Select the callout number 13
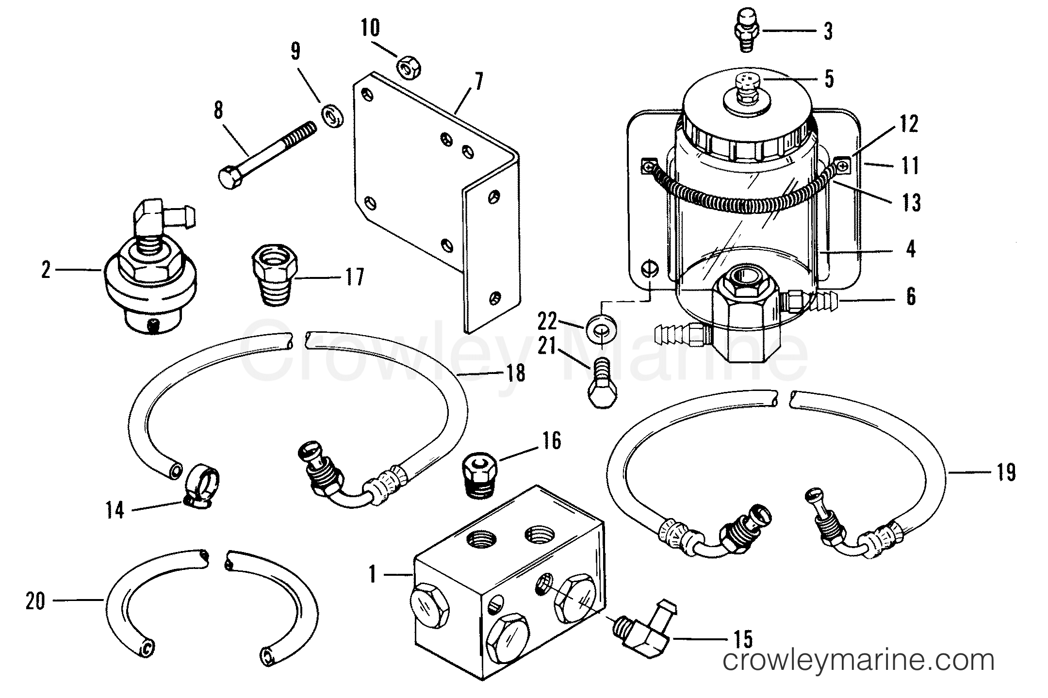[x=911, y=202]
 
